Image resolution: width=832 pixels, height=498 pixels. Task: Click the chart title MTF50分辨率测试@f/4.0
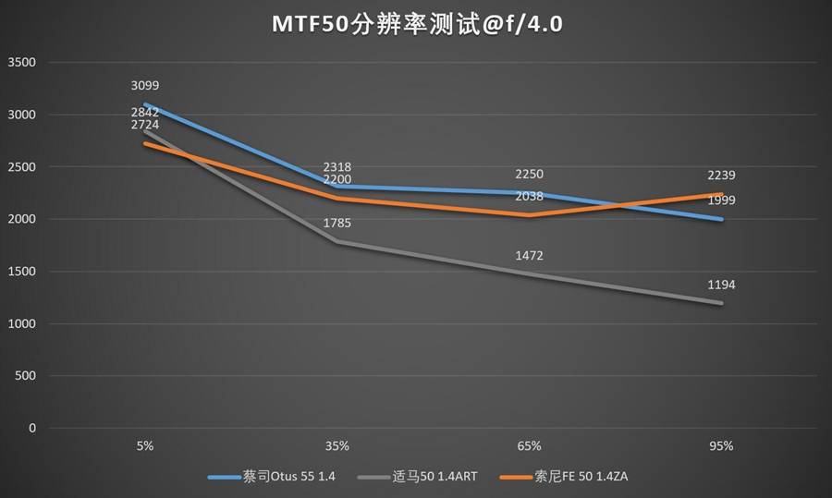tap(417, 25)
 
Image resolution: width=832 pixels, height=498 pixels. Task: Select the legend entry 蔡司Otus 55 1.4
tap(274, 477)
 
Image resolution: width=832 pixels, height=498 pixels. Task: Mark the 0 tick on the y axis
tap(31, 429)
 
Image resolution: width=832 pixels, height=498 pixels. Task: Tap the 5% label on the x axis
tap(145, 445)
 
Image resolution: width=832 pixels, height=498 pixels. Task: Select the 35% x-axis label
tap(336, 445)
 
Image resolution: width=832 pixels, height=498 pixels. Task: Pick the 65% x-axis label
tap(529, 445)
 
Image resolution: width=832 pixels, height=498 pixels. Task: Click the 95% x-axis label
tap(721, 445)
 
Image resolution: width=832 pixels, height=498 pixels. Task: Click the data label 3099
tap(145, 86)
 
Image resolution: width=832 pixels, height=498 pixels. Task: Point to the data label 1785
tap(336, 223)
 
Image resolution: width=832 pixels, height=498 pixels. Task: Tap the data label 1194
tap(721, 285)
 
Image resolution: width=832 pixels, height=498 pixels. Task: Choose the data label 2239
tap(721, 176)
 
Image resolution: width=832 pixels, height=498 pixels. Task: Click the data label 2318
tap(336, 167)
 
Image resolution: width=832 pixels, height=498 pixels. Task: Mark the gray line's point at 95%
tap(721, 303)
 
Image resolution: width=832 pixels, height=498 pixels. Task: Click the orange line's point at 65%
tap(529, 215)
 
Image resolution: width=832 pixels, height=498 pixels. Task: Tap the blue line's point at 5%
tap(145, 104)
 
